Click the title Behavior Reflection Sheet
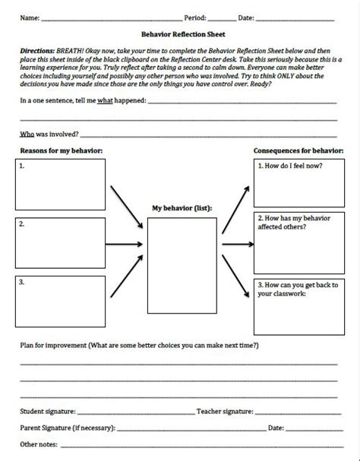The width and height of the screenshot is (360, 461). click(x=179, y=34)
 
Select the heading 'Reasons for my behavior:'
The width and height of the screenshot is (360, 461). click(x=61, y=150)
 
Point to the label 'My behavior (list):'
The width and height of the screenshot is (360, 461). click(x=182, y=207)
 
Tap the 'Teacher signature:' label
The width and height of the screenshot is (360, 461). click(x=224, y=411)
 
